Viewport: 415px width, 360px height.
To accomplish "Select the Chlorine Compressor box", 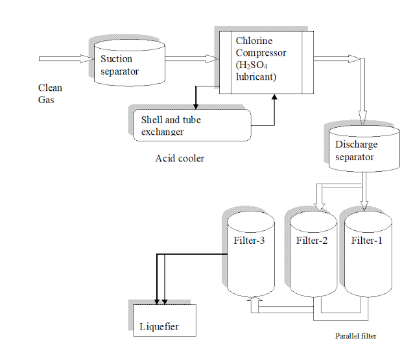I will point(265,61).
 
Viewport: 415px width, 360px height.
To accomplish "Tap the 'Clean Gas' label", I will point(50,94).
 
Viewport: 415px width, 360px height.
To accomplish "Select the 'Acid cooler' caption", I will point(180,158).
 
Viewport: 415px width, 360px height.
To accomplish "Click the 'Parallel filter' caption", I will point(355,336).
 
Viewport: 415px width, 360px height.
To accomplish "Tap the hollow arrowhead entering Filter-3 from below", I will point(254,300).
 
